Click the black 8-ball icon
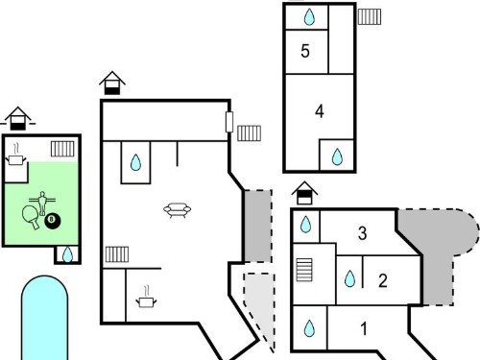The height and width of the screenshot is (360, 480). pyautogui.click(x=53, y=220)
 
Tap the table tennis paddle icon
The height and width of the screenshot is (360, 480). pyautogui.click(x=32, y=216)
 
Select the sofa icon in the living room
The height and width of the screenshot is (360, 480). pyautogui.click(x=178, y=210)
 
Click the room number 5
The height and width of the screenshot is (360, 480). pyautogui.click(x=305, y=51)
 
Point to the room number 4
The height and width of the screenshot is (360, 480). pyautogui.click(x=320, y=111)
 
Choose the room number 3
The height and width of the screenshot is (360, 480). pyautogui.click(x=362, y=233)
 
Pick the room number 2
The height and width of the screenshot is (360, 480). pyautogui.click(x=383, y=280)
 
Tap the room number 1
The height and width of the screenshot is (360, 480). pyautogui.click(x=364, y=328)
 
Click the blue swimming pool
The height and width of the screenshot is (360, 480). pyautogui.click(x=45, y=318)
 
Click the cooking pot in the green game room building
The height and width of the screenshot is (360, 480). pyautogui.click(x=15, y=156)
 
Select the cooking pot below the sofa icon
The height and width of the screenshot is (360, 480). pyautogui.click(x=146, y=298)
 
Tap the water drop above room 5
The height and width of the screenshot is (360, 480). pyautogui.click(x=309, y=17)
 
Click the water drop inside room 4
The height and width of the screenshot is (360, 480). pyautogui.click(x=337, y=156)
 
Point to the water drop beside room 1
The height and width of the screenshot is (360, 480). pyautogui.click(x=309, y=328)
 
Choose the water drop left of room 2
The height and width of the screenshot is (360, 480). pyautogui.click(x=349, y=278)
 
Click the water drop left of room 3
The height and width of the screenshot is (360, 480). pyautogui.click(x=306, y=224)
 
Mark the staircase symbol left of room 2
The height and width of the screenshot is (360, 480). pyautogui.click(x=304, y=270)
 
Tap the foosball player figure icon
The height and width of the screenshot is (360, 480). pyautogui.click(x=42, y=203)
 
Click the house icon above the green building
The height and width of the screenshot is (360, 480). pyautogui.click(x=18, y=118)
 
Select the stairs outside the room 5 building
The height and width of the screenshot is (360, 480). pyautogui.click(x=370, y=16)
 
